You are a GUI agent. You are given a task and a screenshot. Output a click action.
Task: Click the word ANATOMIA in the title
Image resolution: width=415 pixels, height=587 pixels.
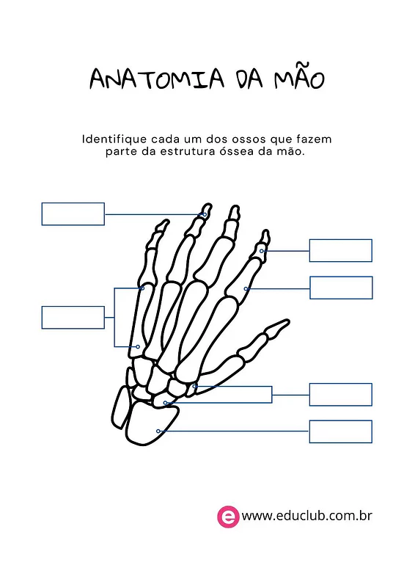click(157, 79)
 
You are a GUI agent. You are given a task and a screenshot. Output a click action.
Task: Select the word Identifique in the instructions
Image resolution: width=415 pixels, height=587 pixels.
click(114, 139)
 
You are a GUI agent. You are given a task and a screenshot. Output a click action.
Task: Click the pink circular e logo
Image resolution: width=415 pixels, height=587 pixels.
click(228, 517)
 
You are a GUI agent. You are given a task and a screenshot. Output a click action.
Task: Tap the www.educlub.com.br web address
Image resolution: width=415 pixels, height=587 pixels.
click(307, 516)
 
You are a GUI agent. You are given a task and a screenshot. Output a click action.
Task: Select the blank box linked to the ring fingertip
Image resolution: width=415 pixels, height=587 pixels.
click(73, 214)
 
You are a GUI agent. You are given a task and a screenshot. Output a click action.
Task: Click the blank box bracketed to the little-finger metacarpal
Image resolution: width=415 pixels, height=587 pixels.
click(73, 318)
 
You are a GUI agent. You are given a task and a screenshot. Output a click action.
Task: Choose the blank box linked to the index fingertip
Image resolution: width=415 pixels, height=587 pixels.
click(340, 250)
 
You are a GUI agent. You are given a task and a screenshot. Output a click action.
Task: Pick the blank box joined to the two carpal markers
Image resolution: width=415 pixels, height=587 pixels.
click(340, 395)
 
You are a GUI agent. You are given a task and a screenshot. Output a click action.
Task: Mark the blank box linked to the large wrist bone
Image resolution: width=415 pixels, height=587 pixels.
click(340, 431)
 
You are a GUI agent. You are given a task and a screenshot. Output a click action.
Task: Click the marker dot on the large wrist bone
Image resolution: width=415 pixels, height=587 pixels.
click(158, 431)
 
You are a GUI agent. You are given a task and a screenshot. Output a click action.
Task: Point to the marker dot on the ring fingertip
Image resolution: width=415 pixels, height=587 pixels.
click(205, 214)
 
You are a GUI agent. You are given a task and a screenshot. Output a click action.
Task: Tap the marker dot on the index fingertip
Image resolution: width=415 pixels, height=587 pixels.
click(262, 251)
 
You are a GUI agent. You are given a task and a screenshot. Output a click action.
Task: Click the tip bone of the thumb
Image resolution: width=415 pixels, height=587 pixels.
click(277, 327)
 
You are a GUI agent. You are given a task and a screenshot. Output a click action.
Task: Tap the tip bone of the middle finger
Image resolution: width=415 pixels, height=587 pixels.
click(234, 213)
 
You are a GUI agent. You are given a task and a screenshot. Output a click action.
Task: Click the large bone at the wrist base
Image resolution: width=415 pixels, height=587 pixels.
click(151, 423)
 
